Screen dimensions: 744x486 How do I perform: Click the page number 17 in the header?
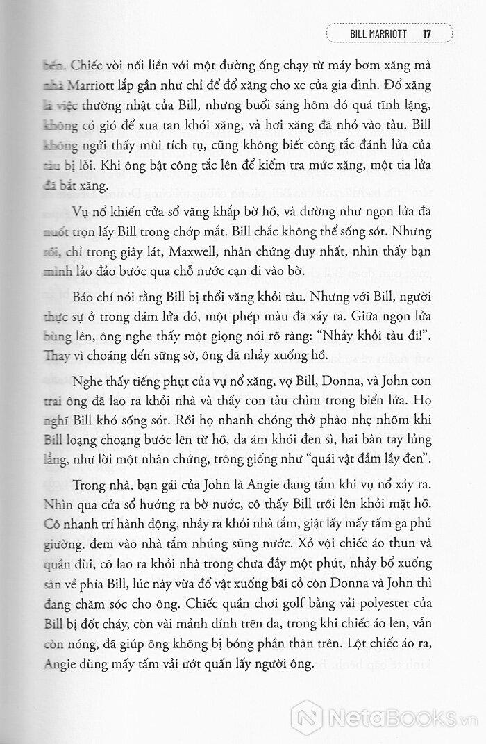pos(428,32)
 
